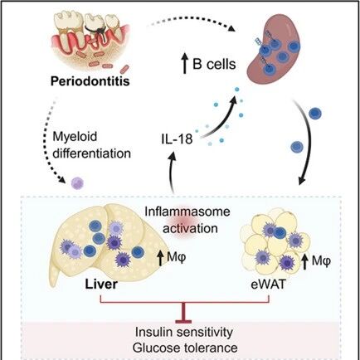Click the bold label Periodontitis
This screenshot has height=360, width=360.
tap(90, 81)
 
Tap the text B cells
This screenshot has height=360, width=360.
tap(214, 65)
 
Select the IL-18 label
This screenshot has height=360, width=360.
tap(177, 139)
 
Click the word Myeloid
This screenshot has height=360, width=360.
tap(75, 137)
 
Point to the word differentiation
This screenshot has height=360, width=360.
tap(92, 153)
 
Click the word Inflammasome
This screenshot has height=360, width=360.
tap(187, 212)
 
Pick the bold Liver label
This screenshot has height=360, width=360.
tap(101, 285)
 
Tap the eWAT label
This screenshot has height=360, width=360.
tap(267, 285)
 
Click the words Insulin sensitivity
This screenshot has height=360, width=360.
tap(184, 332)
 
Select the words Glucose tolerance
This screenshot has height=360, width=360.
tap(185, 348)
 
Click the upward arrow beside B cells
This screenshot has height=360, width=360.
tap(184, 65)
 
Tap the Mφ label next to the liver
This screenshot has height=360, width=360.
tap(177, 257)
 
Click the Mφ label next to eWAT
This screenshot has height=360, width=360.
tap(321, 261)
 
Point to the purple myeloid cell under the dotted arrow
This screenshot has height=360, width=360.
tap(77, 183)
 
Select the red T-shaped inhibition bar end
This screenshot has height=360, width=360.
tap(183, 321)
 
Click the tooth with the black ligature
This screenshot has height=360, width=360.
tap(96, 27)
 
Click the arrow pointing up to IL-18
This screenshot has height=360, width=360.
tap(172, 172)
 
